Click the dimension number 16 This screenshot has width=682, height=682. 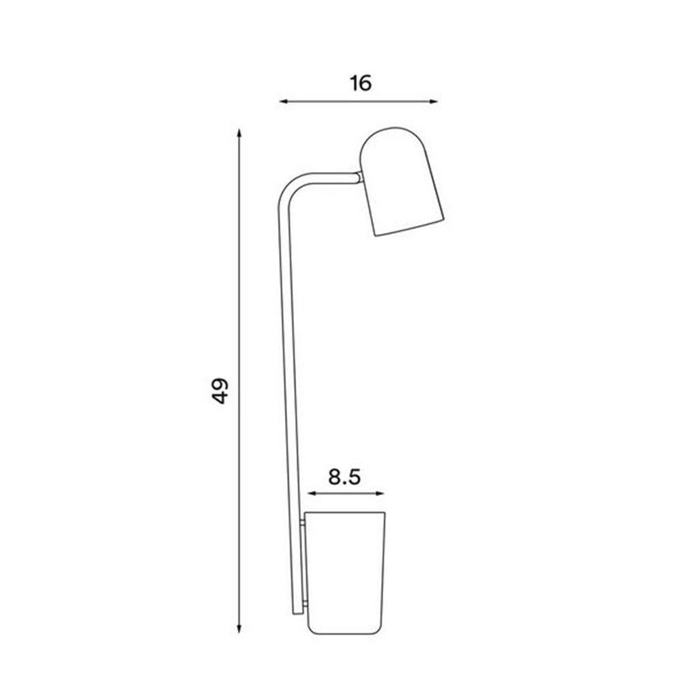tap(361, 83)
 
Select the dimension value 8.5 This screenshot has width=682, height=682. tap(344, 477)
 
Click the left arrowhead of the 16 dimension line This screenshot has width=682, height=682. tap(282, 102)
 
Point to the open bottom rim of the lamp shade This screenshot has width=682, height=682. tap(410, 228)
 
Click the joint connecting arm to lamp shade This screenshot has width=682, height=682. tap(359, 177)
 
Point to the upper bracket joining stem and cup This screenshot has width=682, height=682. tap(302, 524)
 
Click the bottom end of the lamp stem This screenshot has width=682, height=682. tap(297, 611)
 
